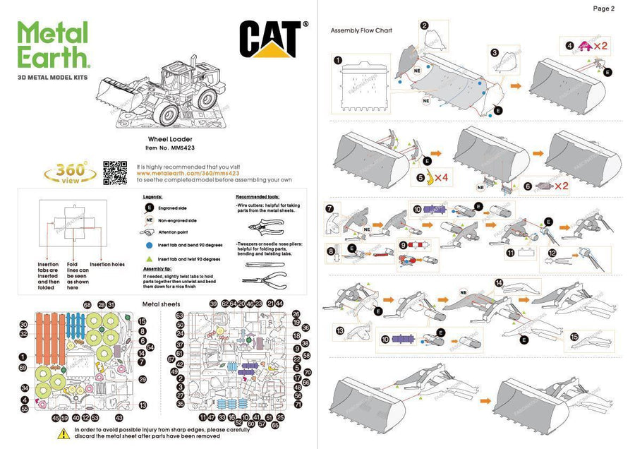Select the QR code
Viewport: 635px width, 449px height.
pyautogui.click(x=116, y=172)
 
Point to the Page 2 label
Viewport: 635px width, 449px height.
pyautogui.click(x=604, y=8)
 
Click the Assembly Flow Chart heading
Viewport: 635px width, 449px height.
pyautogui.click(x=361, y=30)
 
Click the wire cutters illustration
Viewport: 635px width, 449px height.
pyautogui.click(x=266, y=226)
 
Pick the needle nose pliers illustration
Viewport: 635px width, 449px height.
pyautogui.click(x=266, y=275)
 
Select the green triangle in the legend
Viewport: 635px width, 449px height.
pyautogui.click(x=149, y=259)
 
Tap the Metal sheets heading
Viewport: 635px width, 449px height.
pyautogui.click(x=161, y=304)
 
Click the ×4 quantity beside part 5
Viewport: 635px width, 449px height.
pyautogui.click(x=442, y=177)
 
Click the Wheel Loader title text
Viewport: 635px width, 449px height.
pyautogui.click(x=166, y=140)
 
